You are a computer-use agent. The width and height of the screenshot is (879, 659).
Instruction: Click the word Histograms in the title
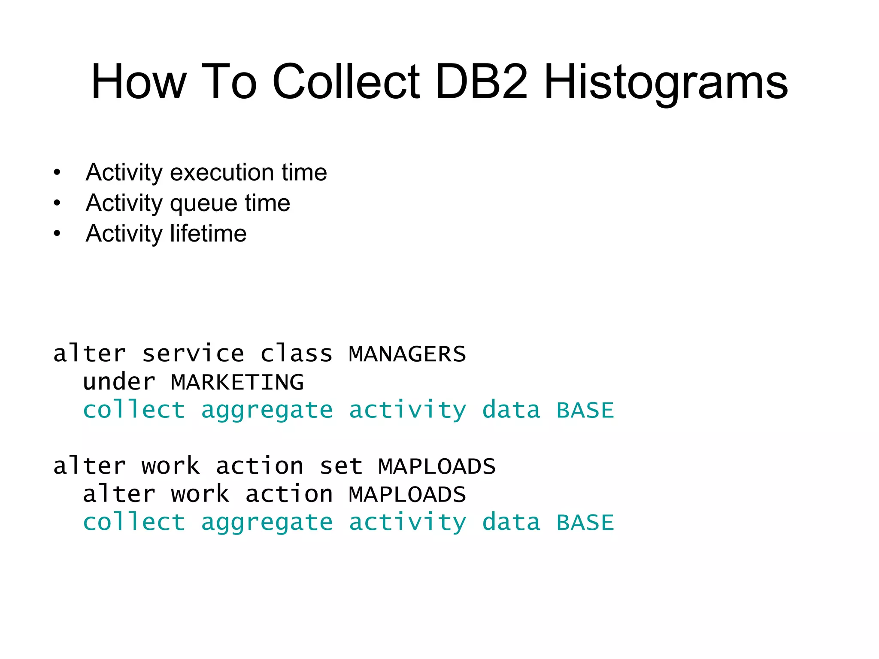(x=666, y=82)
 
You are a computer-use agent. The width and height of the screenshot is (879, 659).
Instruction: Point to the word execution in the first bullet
(x=221, y=172)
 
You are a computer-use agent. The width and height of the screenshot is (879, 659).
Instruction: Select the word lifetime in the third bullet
(x=208, y=233)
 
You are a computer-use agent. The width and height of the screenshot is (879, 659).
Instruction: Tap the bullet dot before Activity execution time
(x=57, y=173)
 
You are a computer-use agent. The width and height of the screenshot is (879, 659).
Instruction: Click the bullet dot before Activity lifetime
(x=57, y=234)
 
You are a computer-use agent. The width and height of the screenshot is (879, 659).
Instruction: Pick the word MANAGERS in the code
(x=407, y=354)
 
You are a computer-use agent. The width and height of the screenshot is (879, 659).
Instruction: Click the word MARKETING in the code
(x=237, y=382)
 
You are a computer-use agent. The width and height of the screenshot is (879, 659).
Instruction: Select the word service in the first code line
(x=193, y=354)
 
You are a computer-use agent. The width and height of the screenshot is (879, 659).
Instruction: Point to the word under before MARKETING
(x=119, y=382)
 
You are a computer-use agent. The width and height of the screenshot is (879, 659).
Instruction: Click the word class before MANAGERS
(x=296, y=354)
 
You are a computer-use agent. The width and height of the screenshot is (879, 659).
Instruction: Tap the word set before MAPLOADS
(x=341, y=466)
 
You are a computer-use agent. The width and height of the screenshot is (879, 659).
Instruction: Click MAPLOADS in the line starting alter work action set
(x=436, y=466)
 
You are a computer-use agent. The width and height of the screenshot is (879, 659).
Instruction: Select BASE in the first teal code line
(x=585, y=410)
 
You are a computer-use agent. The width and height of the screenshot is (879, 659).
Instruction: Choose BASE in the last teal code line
(x=585, y=523)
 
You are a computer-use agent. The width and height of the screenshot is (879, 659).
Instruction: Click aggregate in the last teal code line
(x=267, y=523)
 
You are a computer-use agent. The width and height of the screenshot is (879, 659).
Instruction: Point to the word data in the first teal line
(x=511, y=410)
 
